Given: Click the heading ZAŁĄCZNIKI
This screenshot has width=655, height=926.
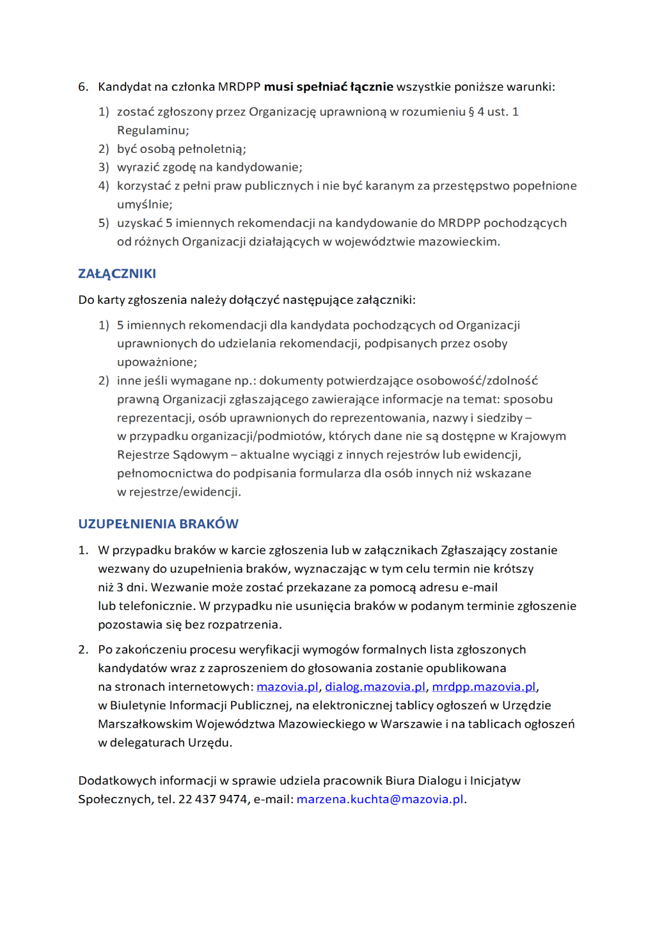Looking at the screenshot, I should [117, 274].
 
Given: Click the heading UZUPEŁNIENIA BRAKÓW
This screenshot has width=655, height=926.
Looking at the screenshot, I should [158, 524].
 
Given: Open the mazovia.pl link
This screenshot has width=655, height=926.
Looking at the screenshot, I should [287, 687].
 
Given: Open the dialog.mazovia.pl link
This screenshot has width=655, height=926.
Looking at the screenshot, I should [375, 687].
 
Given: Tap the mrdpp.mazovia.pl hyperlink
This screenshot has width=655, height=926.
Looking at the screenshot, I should [484, 687].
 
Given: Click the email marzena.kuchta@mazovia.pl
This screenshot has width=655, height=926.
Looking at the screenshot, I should [380, 799].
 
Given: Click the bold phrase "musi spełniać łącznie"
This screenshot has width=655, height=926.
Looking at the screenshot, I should [328, 87].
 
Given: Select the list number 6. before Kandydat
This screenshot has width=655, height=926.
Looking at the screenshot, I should [83, 87].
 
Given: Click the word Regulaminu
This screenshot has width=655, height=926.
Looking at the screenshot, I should [152, 130].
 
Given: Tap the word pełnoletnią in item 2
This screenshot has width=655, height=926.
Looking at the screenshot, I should [210, 149].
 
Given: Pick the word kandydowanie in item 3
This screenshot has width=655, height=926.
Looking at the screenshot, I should [258, 168].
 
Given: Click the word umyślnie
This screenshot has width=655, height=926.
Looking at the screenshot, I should [143, 205].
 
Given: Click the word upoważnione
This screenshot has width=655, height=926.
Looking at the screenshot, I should [155, 362].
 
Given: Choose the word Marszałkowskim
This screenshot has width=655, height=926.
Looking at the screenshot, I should [145, 724].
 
